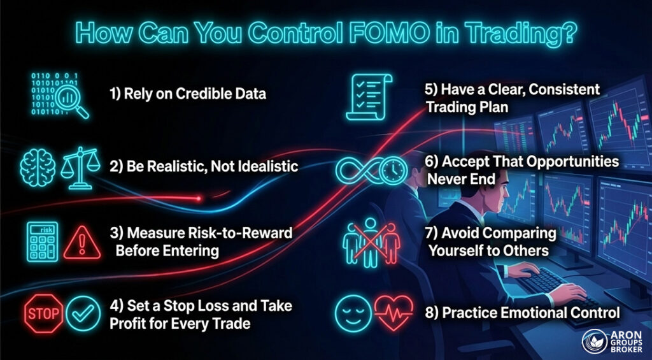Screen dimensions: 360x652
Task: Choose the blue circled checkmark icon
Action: pyautogui.click(x=83, y=313)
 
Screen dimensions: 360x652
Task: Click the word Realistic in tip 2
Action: pyautogui.click(x=168, y=167)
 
